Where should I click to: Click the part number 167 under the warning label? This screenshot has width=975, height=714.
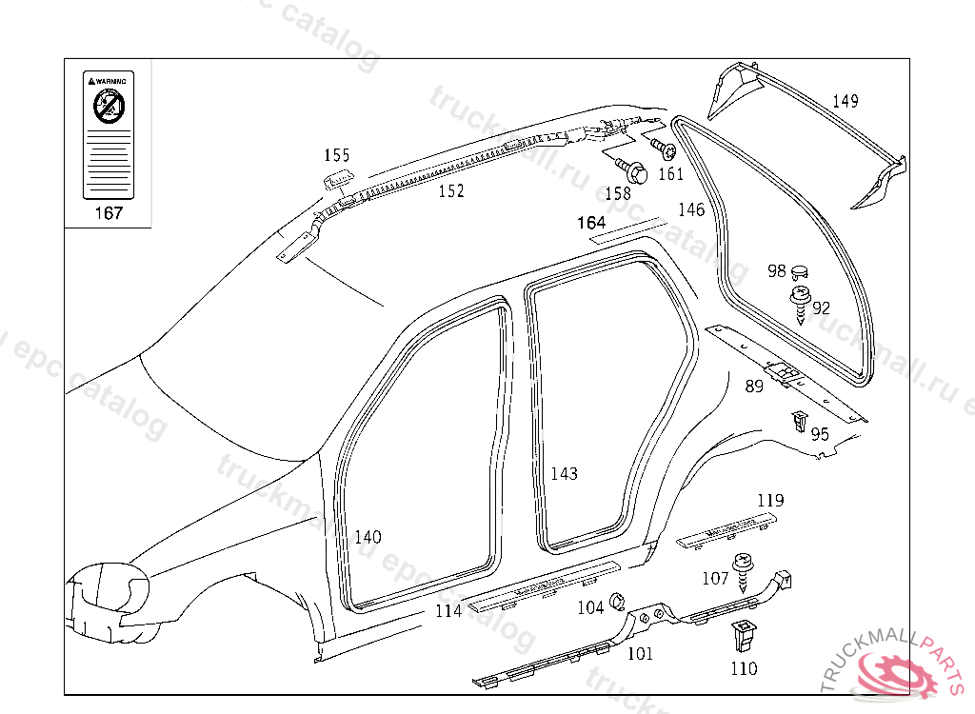pos(109,212)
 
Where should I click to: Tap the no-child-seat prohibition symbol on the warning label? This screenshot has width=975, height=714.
pos(108,109)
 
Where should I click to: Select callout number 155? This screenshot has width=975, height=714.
pos(336,155)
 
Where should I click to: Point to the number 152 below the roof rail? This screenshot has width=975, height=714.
pos(450,191)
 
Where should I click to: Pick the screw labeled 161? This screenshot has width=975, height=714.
pos(665,149)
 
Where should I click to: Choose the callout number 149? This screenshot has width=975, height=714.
pos(846,101)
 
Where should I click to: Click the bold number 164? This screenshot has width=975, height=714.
pos(591,223)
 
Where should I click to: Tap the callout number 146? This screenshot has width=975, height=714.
pos(691,209)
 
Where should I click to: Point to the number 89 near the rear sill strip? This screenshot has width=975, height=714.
pos(754,387)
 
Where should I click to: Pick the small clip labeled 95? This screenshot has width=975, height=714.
pos(798,420)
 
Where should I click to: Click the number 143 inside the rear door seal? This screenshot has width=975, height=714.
pos(564,474)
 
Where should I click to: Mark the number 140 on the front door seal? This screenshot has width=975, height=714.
pos(368,537)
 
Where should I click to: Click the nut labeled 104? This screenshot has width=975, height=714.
pos(615,601)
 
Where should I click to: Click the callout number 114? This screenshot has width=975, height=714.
pos(448,611)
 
